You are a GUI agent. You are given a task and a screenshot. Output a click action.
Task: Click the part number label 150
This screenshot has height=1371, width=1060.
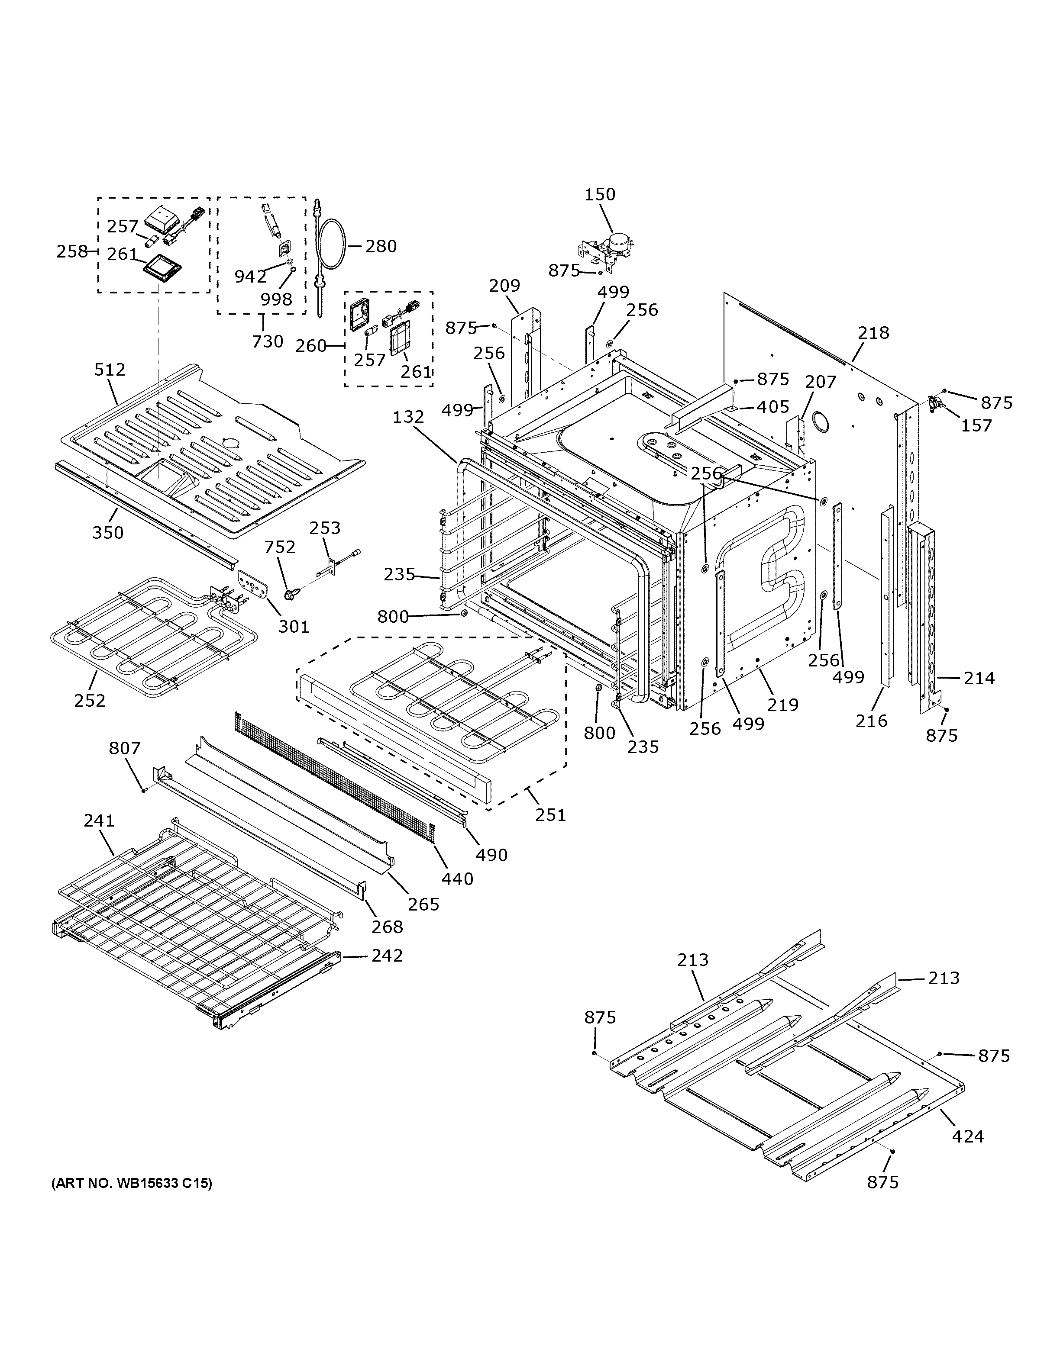point(600,195)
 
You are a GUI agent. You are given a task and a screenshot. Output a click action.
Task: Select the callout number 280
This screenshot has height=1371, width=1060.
point(381,246)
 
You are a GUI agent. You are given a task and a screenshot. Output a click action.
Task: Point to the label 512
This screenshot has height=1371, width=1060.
point(110,370)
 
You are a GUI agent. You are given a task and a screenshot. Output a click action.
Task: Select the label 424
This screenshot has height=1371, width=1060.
point(968,1136)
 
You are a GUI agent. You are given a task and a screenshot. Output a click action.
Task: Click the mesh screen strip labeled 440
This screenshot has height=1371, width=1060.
point(333,779)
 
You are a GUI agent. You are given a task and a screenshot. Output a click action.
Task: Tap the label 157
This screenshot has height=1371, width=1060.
point(976,425)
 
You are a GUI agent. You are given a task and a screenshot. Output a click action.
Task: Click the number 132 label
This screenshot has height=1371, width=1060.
point(409,417)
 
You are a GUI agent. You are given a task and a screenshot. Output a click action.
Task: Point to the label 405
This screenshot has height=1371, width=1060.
point(772,407)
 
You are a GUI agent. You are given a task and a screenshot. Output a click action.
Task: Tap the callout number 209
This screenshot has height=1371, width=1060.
point(504,286)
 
